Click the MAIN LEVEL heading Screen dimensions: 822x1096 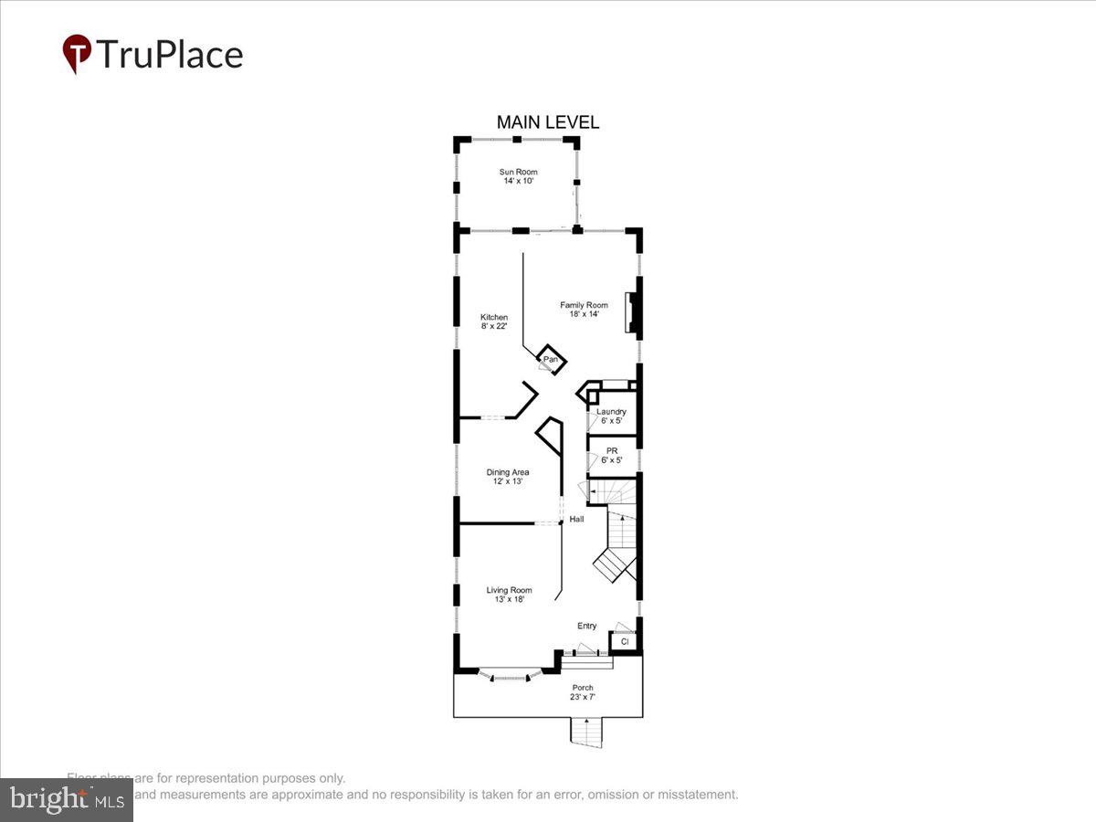547,122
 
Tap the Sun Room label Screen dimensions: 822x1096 518,176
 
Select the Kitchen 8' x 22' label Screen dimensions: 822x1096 494,322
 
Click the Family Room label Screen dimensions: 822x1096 584,310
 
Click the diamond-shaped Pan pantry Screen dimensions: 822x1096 550,359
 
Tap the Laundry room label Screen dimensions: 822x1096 611,416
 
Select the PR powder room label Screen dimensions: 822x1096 611,455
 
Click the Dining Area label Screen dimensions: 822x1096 507,477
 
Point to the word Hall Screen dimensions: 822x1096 576,520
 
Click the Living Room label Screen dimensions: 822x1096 509,595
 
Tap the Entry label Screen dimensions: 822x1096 586,626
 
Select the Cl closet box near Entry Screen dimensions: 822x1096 624,642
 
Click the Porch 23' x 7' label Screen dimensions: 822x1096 583,692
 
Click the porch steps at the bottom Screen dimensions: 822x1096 587,732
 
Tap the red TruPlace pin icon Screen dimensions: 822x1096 76,54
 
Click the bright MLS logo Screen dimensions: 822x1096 66,800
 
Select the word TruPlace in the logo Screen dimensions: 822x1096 170,55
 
